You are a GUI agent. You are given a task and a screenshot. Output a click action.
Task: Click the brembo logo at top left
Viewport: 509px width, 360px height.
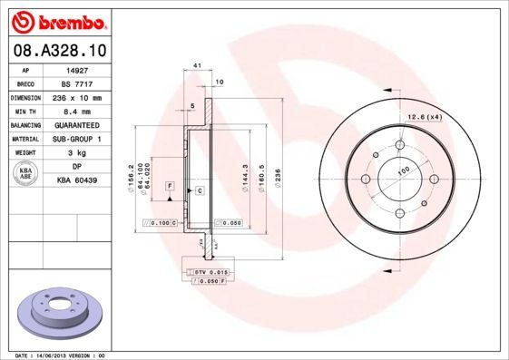pos(56,19)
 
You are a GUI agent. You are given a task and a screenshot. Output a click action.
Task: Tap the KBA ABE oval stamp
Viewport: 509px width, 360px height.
pos(27,173)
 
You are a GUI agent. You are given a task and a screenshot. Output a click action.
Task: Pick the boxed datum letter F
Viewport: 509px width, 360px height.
pos(169,185)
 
